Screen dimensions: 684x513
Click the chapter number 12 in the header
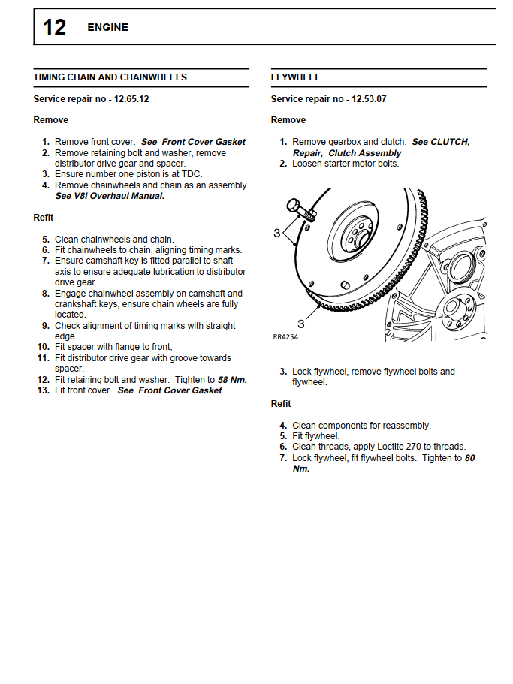click(54, 27)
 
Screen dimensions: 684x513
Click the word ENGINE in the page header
click(107, 27)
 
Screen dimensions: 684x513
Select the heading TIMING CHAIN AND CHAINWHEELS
click(110, 77)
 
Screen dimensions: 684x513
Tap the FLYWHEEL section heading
click(295, 77)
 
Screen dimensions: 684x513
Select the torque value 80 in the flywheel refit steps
click(470, 457)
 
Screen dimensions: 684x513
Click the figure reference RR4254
click(286, 337)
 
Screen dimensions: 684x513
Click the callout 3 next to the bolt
click(276, 233)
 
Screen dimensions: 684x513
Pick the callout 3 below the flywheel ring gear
click(300, 324)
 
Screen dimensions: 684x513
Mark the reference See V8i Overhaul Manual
click(109, 196)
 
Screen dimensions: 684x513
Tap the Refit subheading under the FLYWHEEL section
click(281, 404)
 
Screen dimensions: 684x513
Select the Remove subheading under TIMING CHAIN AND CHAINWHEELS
click(50, 120)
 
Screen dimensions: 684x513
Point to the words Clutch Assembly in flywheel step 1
click(365, 153)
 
